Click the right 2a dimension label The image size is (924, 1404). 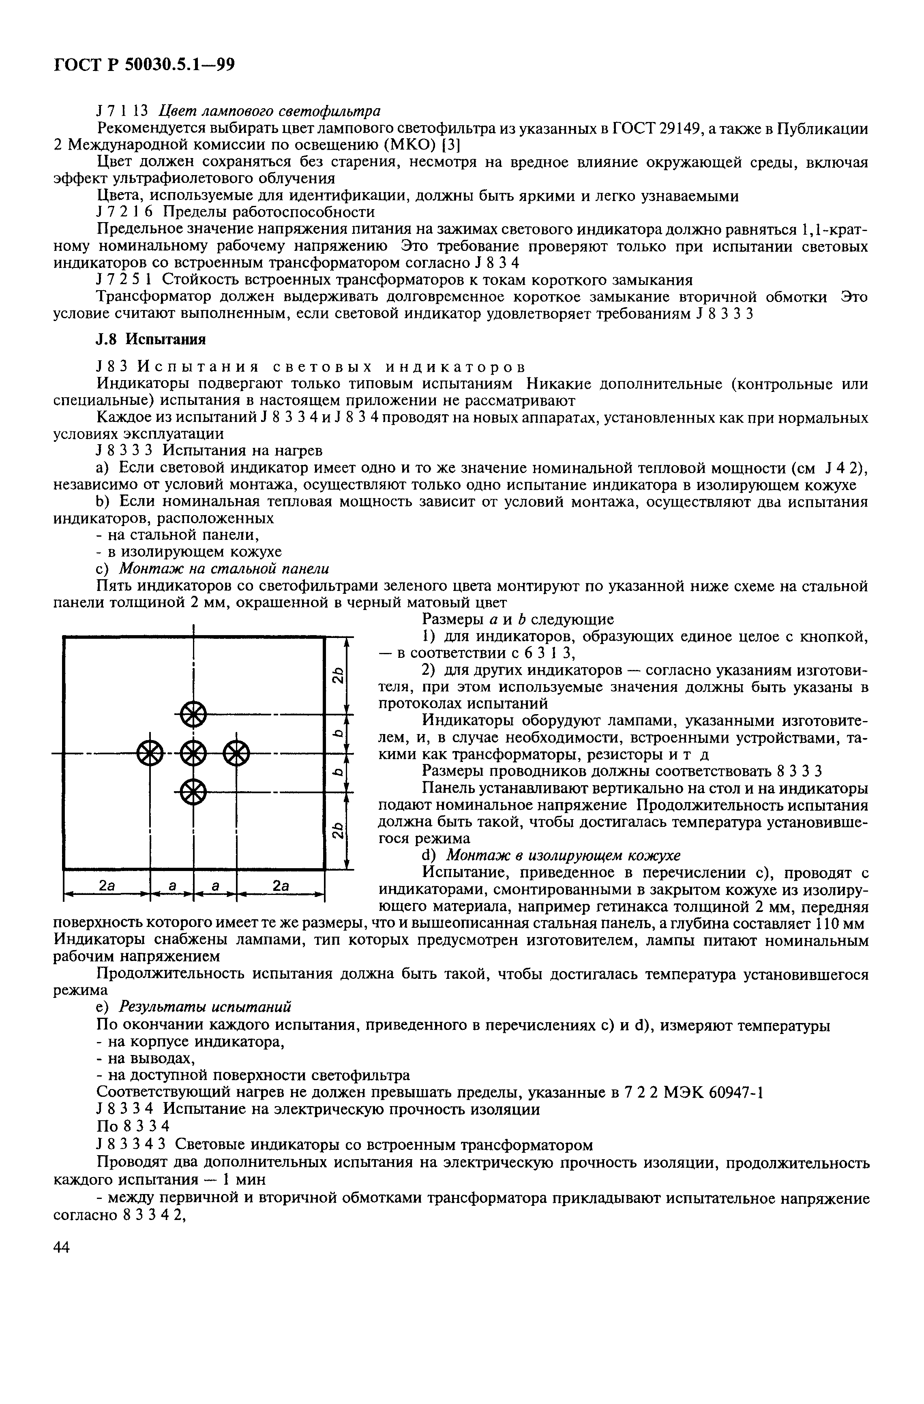point(280,886)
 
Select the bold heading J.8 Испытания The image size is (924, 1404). point(150,339)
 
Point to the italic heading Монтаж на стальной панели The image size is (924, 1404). point(224,569)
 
